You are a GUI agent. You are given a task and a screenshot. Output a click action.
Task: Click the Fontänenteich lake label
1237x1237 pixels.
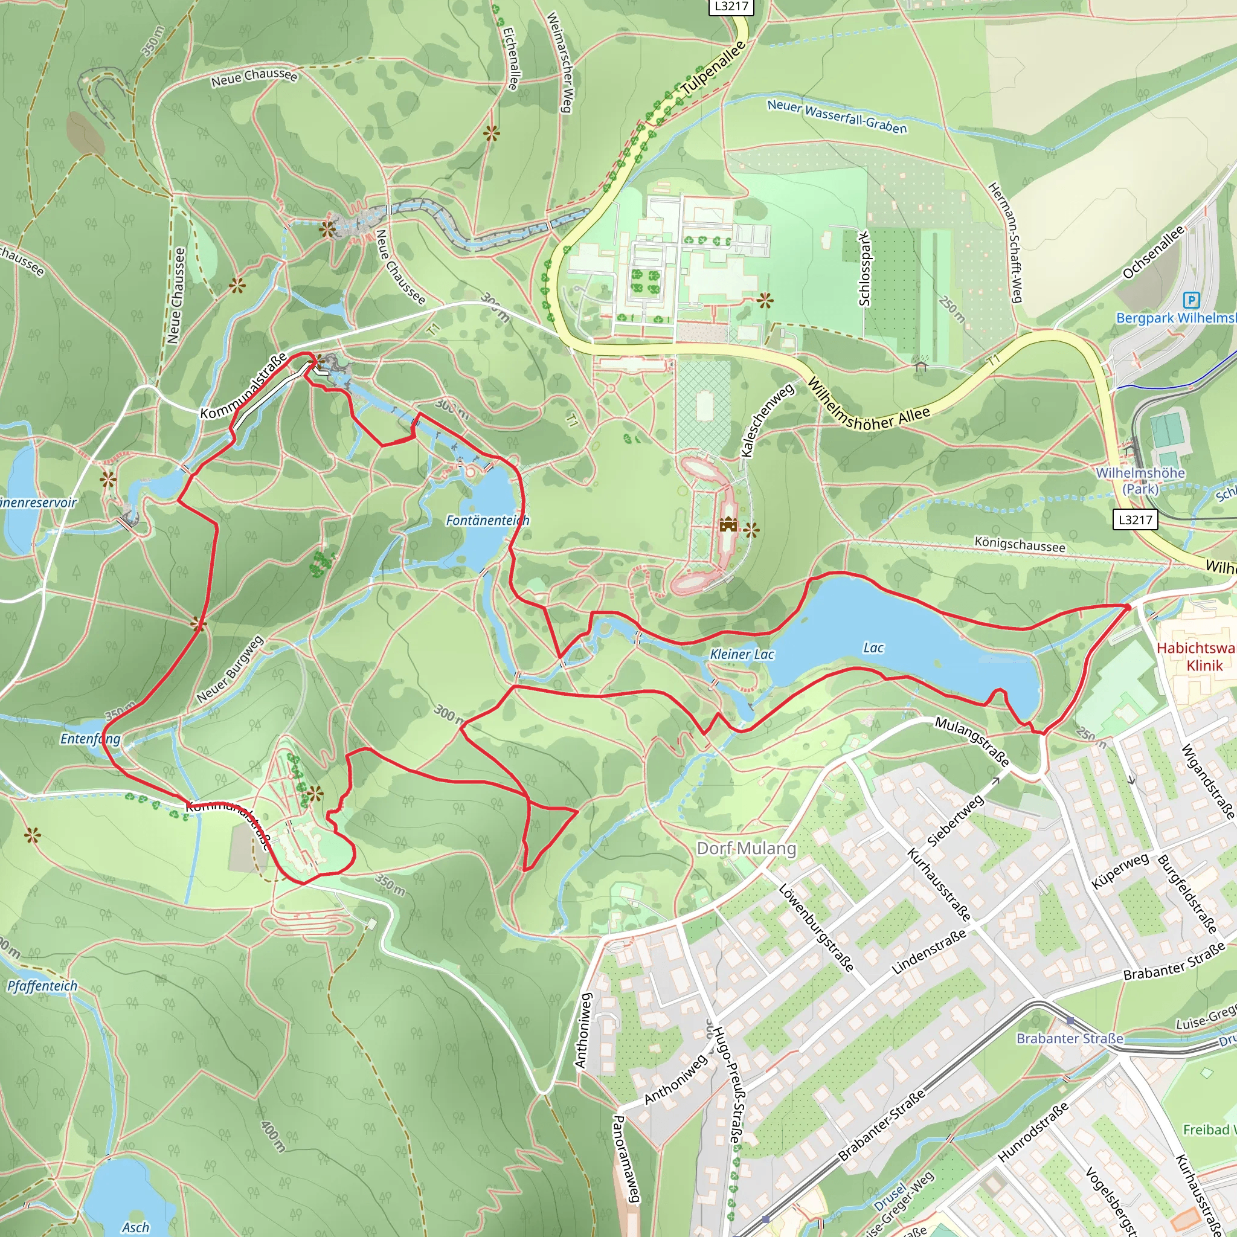[x=487, y=521]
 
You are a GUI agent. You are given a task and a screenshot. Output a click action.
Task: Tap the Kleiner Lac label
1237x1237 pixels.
[x=742, y=654]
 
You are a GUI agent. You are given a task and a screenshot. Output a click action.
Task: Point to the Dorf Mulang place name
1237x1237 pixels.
[x=747, y=849]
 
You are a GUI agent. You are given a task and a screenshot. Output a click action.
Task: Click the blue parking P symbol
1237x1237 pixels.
[x=1191, y=300]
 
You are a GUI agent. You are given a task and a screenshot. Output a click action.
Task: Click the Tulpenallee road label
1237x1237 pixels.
[x=713, y=71]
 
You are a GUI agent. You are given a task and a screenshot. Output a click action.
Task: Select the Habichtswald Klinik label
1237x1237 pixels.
[x=1196, y=657]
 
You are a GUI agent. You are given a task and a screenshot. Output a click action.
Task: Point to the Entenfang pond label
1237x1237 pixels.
[x=90, y=739]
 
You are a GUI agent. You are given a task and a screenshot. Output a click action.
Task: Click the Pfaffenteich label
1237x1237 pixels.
[x=42, y=986]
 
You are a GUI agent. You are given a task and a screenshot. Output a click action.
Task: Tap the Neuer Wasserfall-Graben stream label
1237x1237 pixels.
[x=837, y=117]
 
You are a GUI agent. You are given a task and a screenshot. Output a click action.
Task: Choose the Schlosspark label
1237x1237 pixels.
[x=864, y=269]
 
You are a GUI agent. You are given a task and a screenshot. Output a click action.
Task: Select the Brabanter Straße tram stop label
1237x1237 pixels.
[x=1069, y=1038]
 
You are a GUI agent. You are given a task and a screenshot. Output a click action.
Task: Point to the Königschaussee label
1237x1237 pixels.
[x=1020, y=545]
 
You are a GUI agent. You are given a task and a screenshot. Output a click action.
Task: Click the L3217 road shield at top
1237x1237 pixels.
[x=731, y=7]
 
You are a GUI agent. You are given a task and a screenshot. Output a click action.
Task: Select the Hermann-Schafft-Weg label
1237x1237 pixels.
[x=1005, y=243]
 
